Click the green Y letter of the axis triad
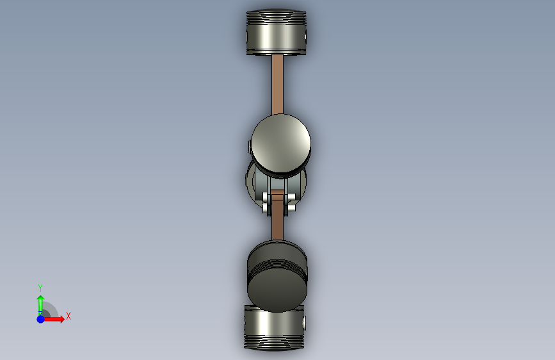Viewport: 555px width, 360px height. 40,288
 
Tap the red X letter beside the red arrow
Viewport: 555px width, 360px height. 68,316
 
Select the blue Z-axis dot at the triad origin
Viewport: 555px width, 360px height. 41,319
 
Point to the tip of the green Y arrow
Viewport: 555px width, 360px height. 41,295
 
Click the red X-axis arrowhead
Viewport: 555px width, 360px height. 62,319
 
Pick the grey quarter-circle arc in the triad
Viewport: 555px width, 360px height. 53,307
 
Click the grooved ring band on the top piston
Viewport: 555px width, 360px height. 276,18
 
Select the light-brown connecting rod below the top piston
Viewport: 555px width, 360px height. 278,85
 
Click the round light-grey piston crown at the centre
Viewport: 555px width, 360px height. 280,143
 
